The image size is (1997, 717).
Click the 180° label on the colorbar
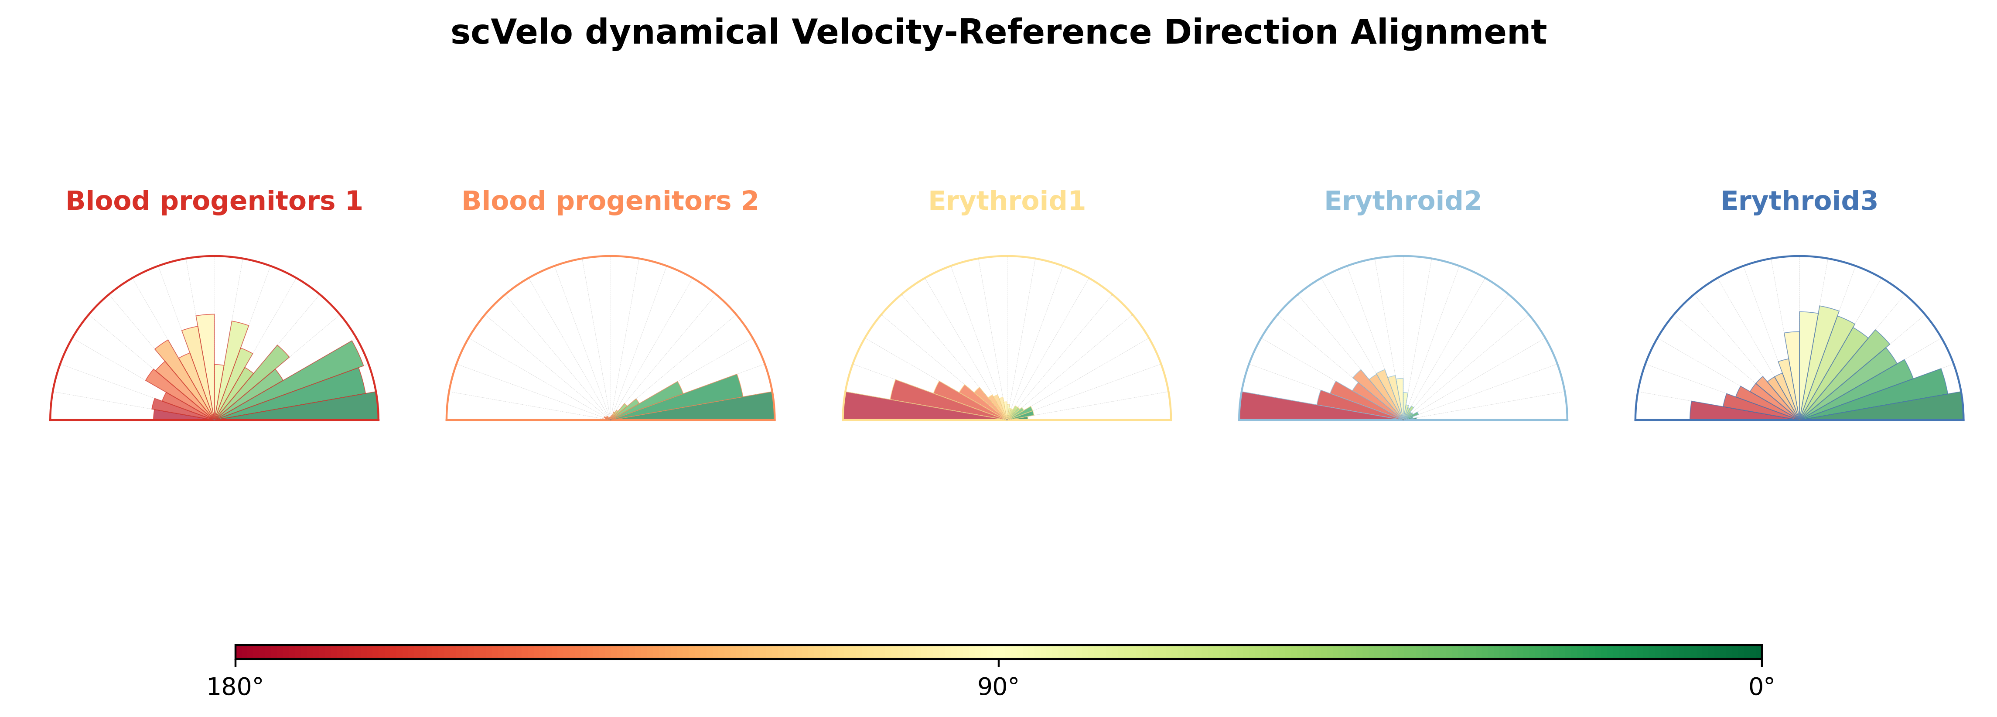pos(235,687)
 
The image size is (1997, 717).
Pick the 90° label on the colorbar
pos(999,687)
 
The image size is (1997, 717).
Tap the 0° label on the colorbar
pos(1762,687)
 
